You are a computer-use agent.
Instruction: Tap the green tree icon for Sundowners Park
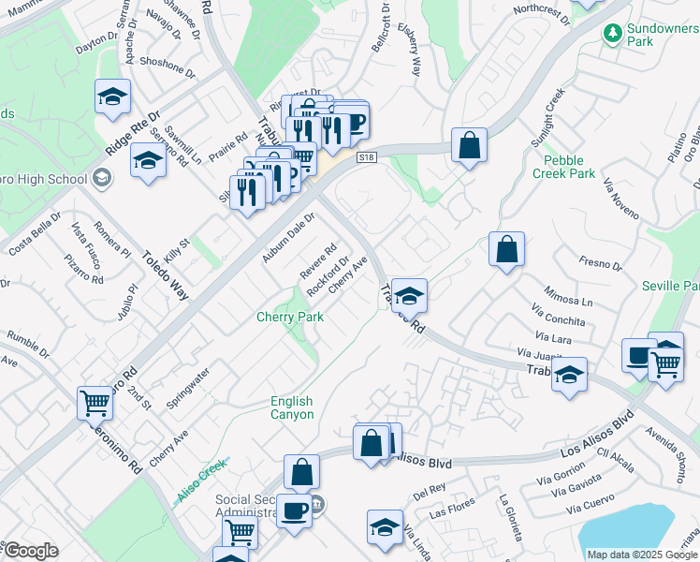click(x=613, y=34)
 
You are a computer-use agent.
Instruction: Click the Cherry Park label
click(x=290, y=318)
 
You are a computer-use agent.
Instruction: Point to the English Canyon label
click(x=292, y=407)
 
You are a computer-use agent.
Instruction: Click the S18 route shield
click(x=367, y=158)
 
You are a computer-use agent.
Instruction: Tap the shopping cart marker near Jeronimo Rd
click(x=95, y=404)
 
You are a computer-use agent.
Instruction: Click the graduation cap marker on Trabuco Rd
click(x=409, y=296)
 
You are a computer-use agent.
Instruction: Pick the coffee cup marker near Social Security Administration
click(x=294, y=511)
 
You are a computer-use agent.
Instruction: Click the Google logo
click(x=30, y=551)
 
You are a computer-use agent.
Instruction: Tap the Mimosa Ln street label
click(x=569, y=295)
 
